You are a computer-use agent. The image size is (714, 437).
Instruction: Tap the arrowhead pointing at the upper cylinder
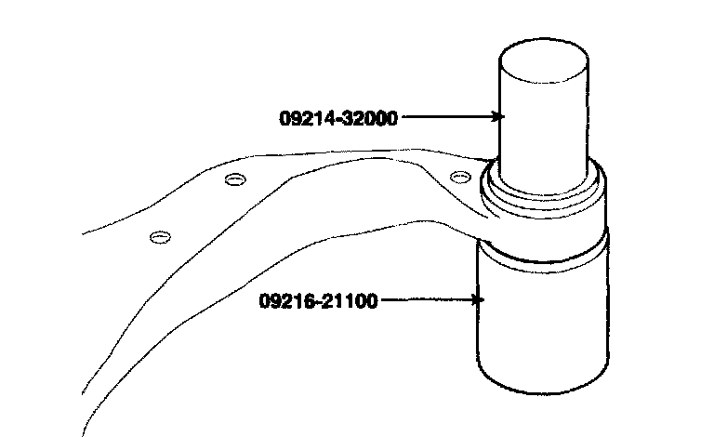click(x=499, y=117)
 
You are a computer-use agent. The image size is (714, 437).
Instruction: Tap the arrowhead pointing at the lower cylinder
click(x=479, y=300)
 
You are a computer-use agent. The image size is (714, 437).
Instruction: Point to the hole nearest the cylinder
click(x=456, y=176)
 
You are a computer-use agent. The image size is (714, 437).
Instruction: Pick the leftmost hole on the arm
click(x=160, y=237)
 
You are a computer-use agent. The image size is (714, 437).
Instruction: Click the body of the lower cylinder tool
click(x=544, y=316)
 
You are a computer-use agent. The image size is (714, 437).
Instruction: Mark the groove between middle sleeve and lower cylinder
click(x=544, y=253)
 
